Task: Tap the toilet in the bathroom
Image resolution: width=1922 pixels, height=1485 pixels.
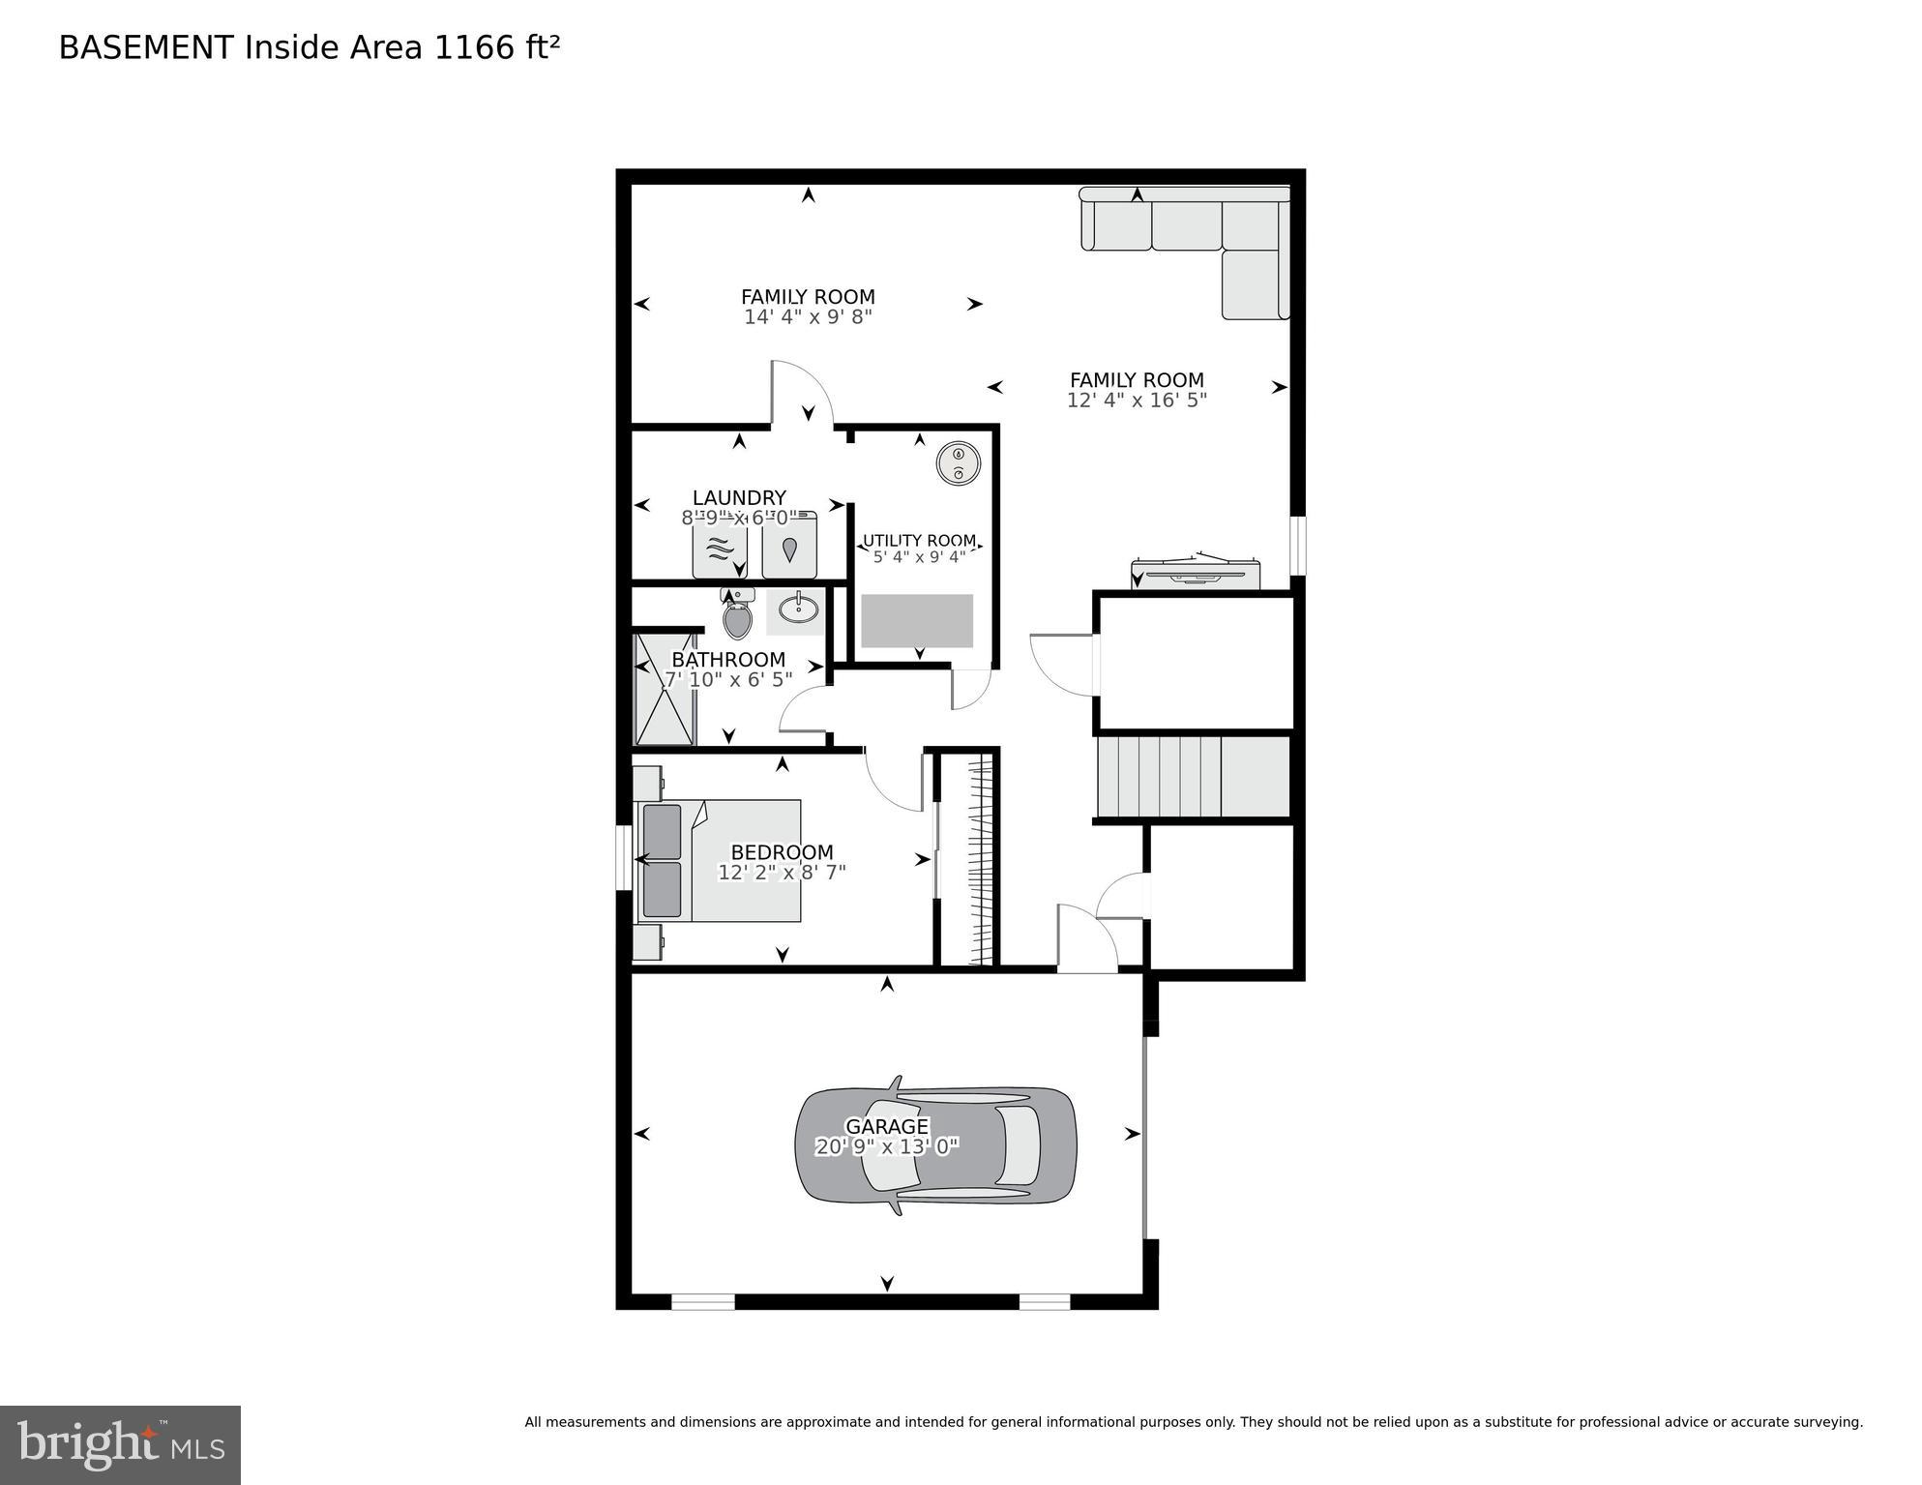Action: (737, 617)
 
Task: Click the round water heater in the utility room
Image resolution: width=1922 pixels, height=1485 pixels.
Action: (958, 463)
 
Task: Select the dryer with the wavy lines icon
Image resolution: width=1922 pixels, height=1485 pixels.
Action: (719, 549)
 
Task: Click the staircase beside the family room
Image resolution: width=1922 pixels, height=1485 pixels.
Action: (1192, 778)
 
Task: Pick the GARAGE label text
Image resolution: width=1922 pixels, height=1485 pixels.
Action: (886, 1126)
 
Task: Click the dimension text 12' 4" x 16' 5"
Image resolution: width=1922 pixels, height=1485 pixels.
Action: (1137, 401)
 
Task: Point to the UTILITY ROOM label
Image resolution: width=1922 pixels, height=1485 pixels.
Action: (919, 541)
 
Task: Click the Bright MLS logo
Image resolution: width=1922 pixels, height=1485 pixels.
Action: (120, 1444)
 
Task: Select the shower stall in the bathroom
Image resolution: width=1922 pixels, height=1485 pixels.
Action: (664, 689)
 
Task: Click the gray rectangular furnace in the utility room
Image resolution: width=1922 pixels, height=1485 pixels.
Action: (917, 620)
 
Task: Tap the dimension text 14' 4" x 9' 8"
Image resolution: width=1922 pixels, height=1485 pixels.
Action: (808, 317)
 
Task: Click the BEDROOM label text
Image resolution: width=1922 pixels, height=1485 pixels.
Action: (782, 852)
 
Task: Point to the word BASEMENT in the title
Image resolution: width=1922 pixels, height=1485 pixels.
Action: (146, 47)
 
